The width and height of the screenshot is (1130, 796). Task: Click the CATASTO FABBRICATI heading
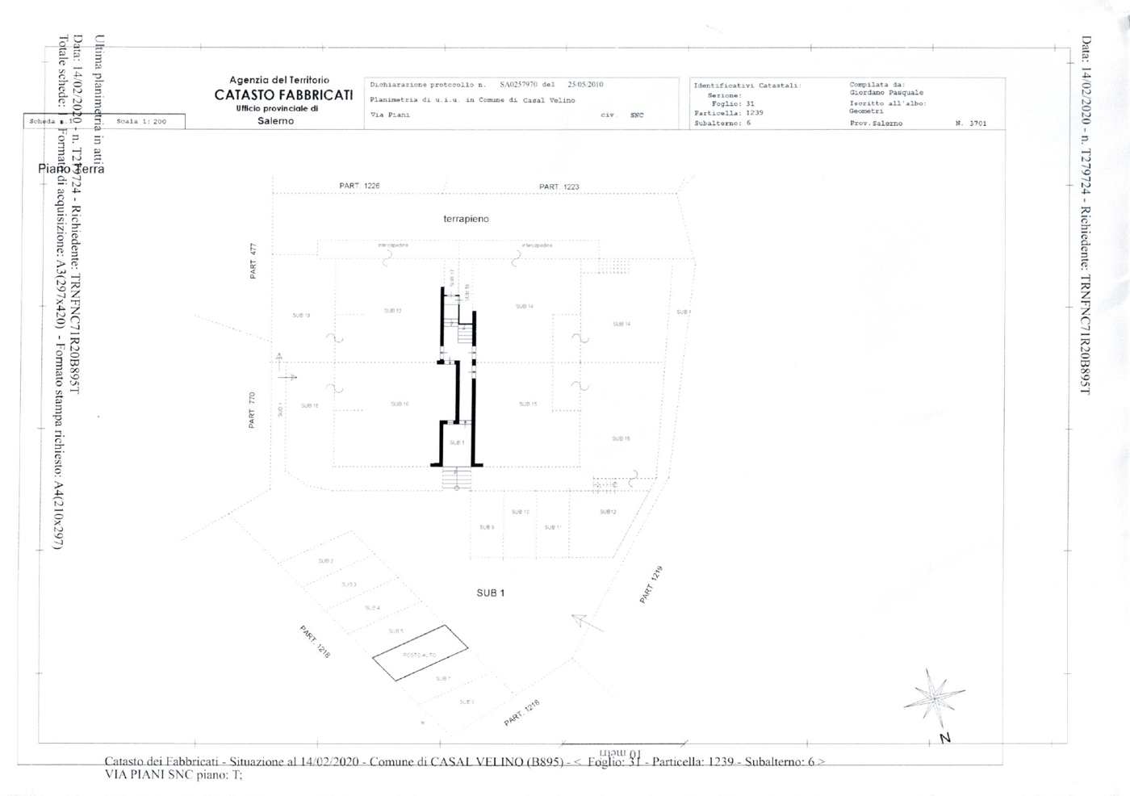[283, 95]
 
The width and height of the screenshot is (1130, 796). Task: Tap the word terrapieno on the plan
[466, 219]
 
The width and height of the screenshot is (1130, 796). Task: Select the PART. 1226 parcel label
[359, 186]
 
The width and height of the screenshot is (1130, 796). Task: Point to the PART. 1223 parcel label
[559, 186]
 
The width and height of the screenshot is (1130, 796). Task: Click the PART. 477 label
[253, 261]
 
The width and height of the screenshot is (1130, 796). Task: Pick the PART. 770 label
[252, 410]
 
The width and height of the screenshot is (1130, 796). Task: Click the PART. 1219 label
[651, 585]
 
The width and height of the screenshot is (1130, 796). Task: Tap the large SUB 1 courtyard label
[490, 593]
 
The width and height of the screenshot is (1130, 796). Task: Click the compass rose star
[933, 696]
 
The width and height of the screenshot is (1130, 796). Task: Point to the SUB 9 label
[487, 527]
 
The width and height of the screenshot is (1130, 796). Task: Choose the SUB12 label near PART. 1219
[608, 512]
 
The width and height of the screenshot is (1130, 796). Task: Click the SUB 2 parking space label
[326, 560]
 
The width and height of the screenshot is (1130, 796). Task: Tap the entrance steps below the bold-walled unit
[456, 479]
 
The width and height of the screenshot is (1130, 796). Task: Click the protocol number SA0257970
[517, 84]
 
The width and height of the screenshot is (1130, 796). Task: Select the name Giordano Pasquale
[886, 93]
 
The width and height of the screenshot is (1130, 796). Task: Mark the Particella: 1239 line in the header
[728, 113]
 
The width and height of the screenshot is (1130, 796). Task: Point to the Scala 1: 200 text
[141, 121]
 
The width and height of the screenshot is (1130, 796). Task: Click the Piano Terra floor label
[71, 169]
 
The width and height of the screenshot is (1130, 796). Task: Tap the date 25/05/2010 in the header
[585, 84]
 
